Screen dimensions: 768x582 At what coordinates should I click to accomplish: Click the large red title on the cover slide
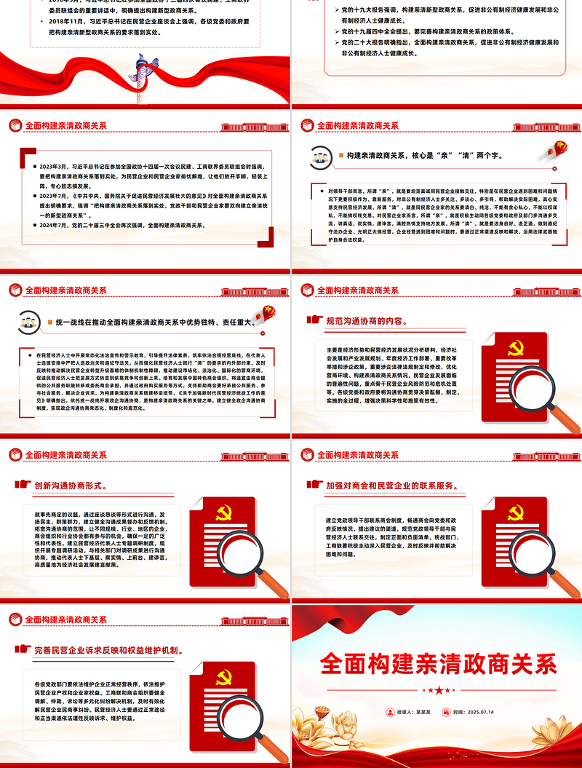pyautogui.click(x=438, y=665)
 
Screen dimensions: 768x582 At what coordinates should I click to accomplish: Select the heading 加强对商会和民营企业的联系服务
pyautogui.click(x=392, y=484)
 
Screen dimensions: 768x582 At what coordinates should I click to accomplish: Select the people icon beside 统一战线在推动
pyautogui.click(x=29, y=321)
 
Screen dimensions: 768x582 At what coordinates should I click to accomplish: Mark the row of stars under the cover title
pyautogui.click(x=438, y=689)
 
